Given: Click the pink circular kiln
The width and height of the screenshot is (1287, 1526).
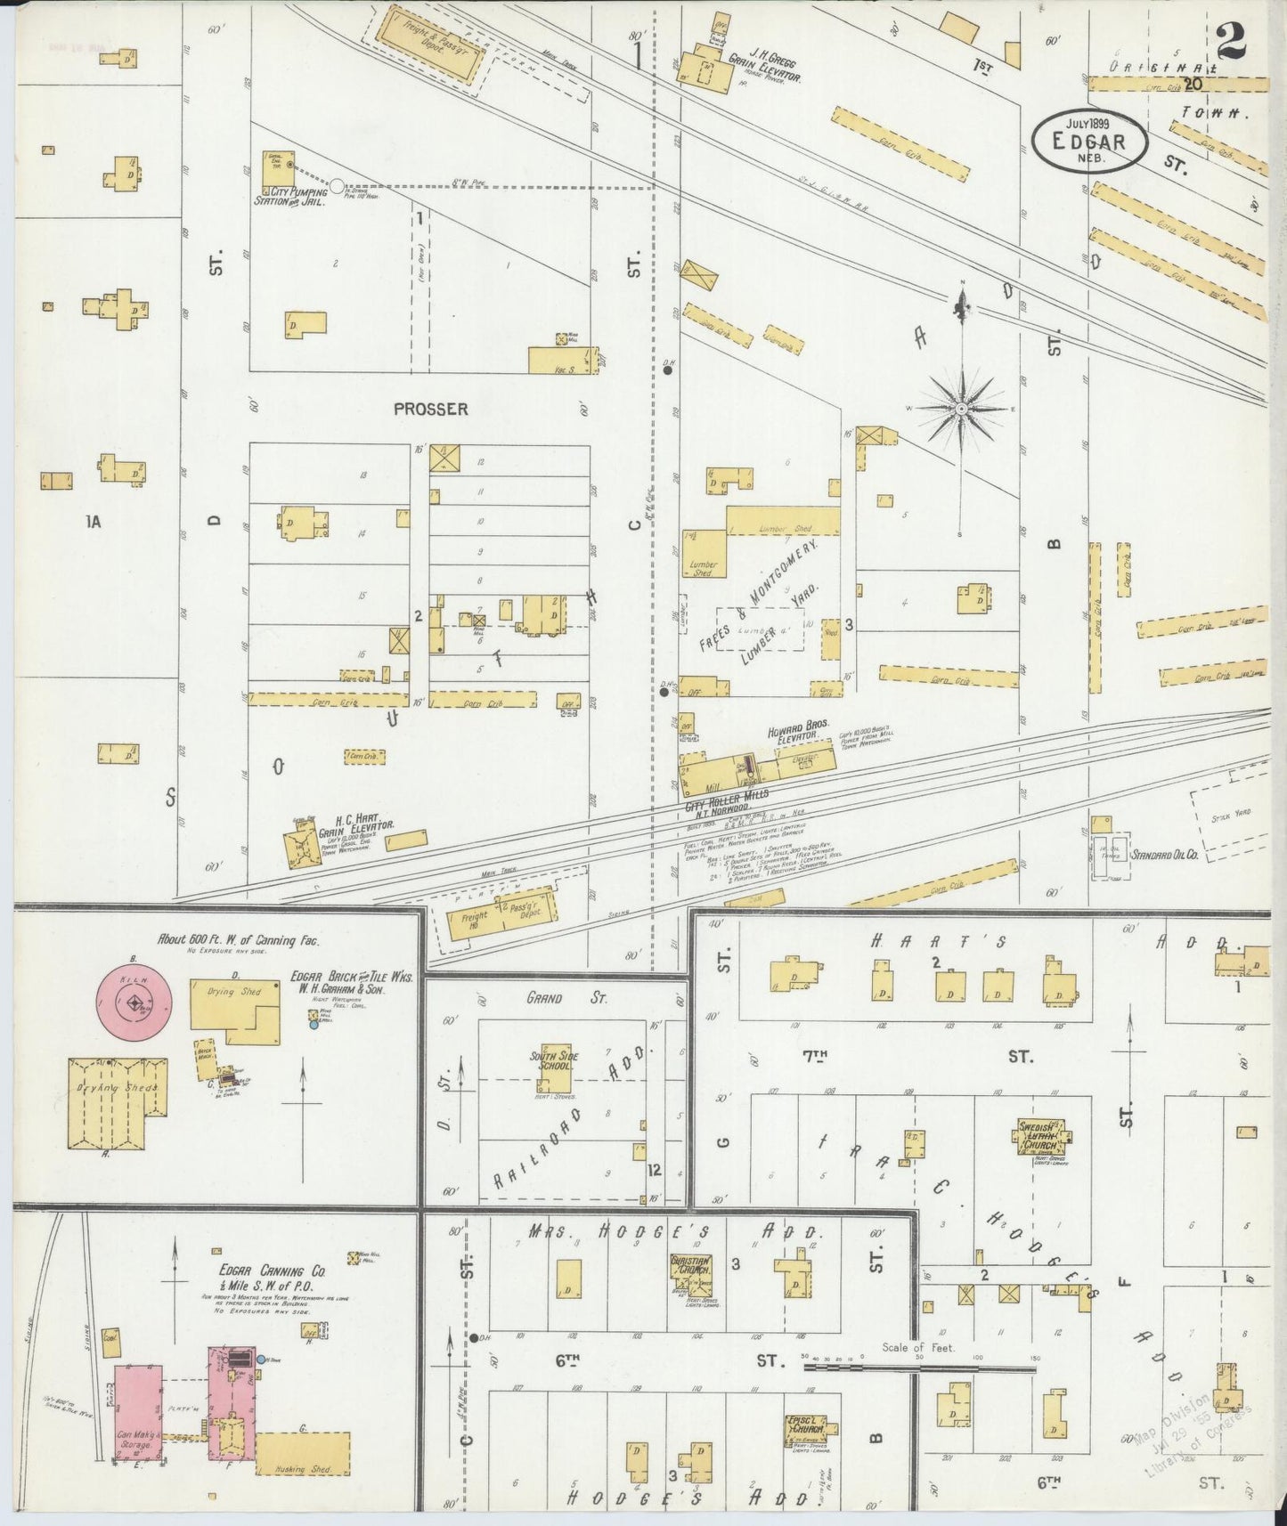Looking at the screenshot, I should pyautogui.click(x=134, y=1004).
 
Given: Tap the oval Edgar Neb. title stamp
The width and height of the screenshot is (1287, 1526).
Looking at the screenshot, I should pyautogui.click(x=1089, y=142).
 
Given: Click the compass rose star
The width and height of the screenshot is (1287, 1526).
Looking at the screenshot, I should pyautogui.click(x=962, y=409).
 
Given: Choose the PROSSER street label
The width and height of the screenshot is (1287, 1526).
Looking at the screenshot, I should pyautogui.click(x=431, y=409).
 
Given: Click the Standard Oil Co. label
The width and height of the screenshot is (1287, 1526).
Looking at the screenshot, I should pyautogui.click(x=1165, y=855).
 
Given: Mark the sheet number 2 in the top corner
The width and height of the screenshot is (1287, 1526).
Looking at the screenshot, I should pyautogui.click(x=1231, y=42).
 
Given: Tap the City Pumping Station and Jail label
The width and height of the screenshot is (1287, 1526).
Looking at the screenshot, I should pyautogui.click(x=291, y=197).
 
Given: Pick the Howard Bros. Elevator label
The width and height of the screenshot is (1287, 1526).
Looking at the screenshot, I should pyautogui.click(x=793, y=736).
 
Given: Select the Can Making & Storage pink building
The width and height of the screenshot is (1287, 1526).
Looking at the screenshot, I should pyautogui.click(x=137, y=1423).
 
